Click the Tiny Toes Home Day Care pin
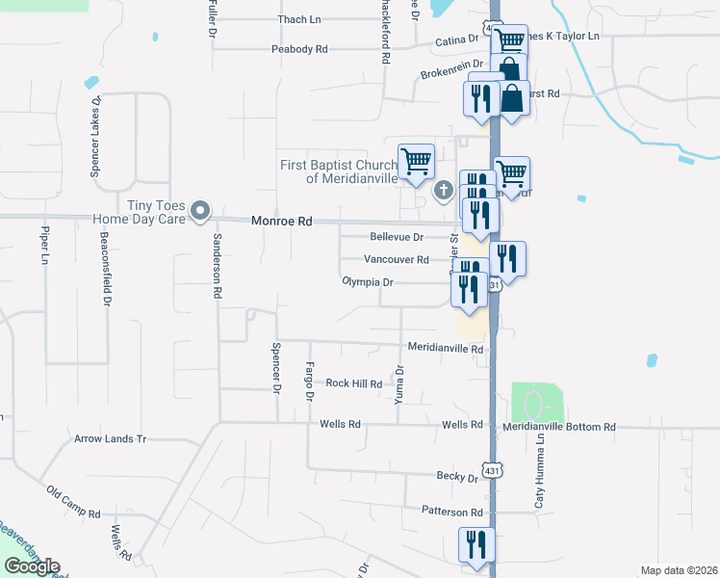click(200, 209)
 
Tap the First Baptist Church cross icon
click(444, 189)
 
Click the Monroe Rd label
click(282, 221)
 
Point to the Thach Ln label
click(298, 19)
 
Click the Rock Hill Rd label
click(353, 383)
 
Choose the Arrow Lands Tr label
click(110, 438)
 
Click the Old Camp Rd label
click(73, 502)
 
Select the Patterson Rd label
click(451, 512)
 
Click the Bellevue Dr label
click(397, 237)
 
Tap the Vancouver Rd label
click(396, 259)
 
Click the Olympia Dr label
click(368, 282)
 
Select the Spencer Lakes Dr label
click(95, 136)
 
